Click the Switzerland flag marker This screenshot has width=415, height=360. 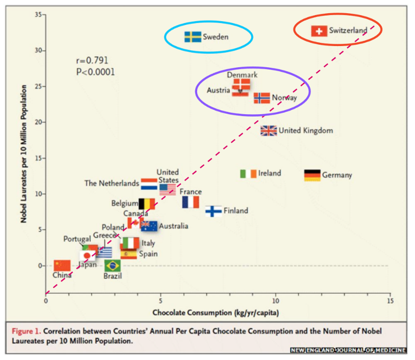[319, 31]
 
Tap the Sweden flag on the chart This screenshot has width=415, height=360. [192, 37]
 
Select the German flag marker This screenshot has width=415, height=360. [312, 175]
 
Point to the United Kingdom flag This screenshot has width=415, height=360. [269, 131]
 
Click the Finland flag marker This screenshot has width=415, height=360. [214, 211]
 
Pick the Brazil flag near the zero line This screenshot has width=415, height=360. [112, 266]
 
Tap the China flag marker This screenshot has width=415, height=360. [62, 266]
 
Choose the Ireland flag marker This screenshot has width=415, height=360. [248, 173]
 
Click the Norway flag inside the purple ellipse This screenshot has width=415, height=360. [262, 98]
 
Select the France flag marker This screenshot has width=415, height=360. [191, 202]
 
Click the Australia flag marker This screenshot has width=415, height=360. [149, 226]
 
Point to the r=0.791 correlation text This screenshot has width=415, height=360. [92, 61]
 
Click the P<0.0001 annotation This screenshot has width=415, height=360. [95, 72]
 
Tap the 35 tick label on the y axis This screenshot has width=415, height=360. [37, 15]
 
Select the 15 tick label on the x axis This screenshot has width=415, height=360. [390, 301]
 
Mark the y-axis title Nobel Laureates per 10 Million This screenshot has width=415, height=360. [23, 155]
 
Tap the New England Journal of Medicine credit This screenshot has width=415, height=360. [348, 350]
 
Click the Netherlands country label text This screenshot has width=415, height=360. [112, 183]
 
